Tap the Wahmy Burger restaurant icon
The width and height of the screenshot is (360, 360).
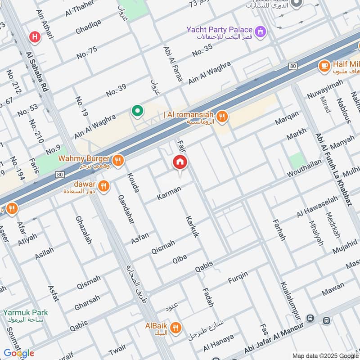pyautogui.click(x=118, y=160)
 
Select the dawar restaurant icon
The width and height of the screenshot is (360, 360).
pyautogui.click(x=104, y=185)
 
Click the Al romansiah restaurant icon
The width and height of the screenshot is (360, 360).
pyautogui.click(x=222, y=117)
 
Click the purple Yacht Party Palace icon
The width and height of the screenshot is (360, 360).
pyautogui.click(x=260, y=31)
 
